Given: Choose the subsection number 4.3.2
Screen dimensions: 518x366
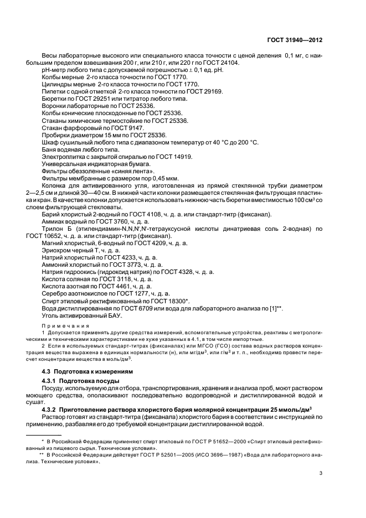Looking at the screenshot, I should [51, 408].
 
